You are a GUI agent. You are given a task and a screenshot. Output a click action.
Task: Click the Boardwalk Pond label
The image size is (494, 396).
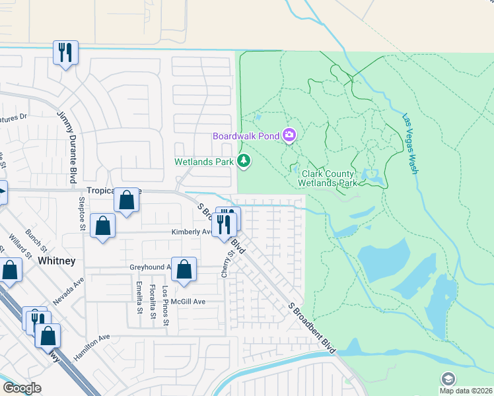[246, 136]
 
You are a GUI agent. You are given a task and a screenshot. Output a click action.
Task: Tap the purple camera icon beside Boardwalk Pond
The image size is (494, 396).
[289, 136]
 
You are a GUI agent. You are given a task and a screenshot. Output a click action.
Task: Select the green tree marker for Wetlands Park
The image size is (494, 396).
[244, 161]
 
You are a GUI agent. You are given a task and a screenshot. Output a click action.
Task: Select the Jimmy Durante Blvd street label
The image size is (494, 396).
[69, 148]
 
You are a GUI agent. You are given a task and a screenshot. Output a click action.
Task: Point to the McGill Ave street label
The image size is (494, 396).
[190, 302]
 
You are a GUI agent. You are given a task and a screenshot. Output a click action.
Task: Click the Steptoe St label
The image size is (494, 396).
[83, 213]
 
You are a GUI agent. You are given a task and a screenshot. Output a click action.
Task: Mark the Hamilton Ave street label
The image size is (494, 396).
[92, 346]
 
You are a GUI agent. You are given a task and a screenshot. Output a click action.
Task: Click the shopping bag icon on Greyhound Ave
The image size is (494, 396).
[184, 270]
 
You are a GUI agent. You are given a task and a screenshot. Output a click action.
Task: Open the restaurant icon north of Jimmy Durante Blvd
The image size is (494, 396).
[65, 53]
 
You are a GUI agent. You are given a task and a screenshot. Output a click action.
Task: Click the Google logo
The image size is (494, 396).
[22, 388]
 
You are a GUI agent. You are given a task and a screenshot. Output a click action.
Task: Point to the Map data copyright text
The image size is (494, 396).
[466, 391]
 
